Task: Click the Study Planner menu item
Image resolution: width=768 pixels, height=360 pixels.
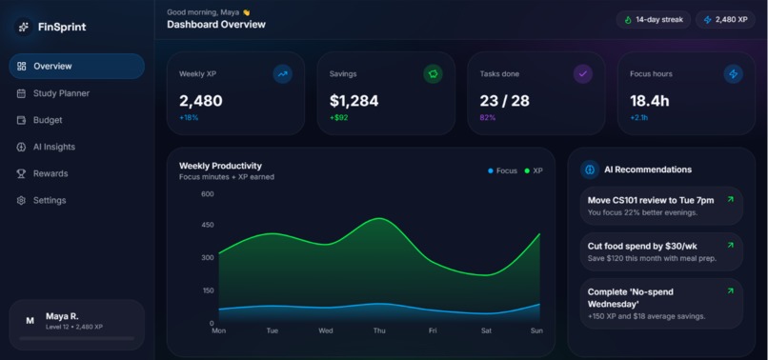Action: click(53, 93)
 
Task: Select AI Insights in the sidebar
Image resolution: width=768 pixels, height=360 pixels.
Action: click(46, 147)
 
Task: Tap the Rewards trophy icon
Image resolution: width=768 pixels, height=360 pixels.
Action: click(21, 174)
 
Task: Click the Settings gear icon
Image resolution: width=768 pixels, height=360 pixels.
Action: click(21, 200)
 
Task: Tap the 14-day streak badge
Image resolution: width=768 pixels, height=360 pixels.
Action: click(654, 20)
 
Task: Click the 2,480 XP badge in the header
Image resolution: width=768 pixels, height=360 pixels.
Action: click(725, 20)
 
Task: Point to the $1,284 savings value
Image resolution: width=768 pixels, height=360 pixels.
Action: click(354, 101)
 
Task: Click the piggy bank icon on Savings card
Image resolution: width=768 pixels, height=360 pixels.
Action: click(433, 74)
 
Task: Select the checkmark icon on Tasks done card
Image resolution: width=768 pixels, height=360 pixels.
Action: click(583, 74)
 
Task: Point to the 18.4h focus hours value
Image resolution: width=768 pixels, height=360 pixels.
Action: click(650, 101)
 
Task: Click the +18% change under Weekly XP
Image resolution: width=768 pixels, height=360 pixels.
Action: click(189, 117)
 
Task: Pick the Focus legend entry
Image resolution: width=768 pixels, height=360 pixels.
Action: click(502, 170)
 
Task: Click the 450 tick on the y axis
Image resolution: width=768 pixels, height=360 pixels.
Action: click(208, 225)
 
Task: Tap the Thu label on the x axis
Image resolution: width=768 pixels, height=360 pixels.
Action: click(379, 330)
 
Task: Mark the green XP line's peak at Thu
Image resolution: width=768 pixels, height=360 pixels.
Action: click(379, 218)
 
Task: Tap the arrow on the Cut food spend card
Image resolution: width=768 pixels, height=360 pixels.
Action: click(730, 245)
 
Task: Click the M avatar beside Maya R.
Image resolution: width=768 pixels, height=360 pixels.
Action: click(30, 321)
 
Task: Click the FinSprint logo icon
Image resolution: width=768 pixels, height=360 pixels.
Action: click(24, 27)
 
